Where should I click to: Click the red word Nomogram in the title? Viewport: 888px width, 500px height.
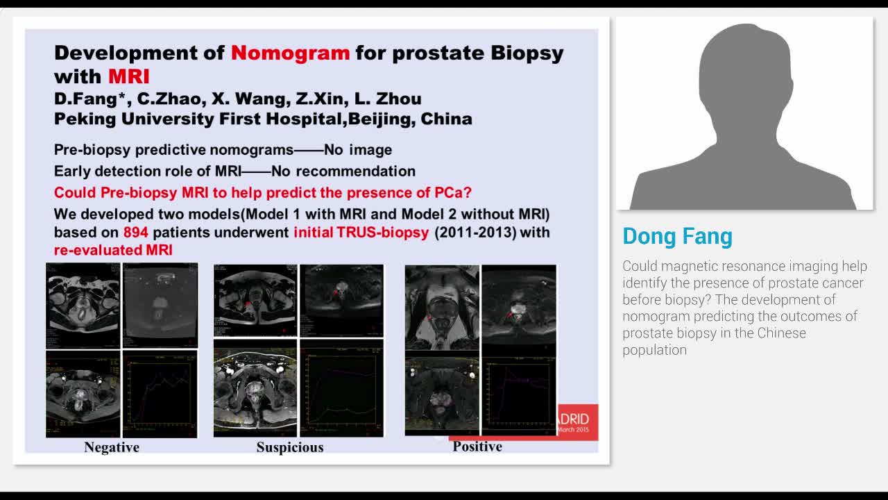[290, 53]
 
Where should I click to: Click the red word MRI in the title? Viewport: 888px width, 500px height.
[129, 76]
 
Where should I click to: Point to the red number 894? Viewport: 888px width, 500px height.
[135, 232]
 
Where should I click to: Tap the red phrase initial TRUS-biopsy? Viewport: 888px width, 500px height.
[361, 232]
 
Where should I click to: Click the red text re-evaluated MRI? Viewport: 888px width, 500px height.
[113, 250]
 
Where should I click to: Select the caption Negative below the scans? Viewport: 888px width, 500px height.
[112, 447]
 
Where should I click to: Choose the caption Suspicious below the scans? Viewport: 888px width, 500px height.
[290, 447]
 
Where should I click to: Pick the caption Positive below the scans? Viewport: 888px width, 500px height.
[477, 447]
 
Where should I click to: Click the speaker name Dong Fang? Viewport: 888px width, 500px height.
[677, 236]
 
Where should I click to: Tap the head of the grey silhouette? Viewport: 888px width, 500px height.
[744, 69]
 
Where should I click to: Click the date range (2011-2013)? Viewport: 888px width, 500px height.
[475, 232]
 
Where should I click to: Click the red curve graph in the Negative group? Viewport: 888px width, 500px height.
[160, 394]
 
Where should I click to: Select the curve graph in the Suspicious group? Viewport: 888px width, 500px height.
[341, 388]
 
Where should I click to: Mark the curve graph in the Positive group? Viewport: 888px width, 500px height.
[519, 392]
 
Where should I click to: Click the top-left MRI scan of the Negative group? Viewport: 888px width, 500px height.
[83, 306]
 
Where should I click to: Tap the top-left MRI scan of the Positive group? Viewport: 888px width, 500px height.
[442, 307]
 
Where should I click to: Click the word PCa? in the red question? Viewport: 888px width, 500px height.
[453, 192]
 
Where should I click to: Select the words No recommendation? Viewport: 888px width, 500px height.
[343, 171]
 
